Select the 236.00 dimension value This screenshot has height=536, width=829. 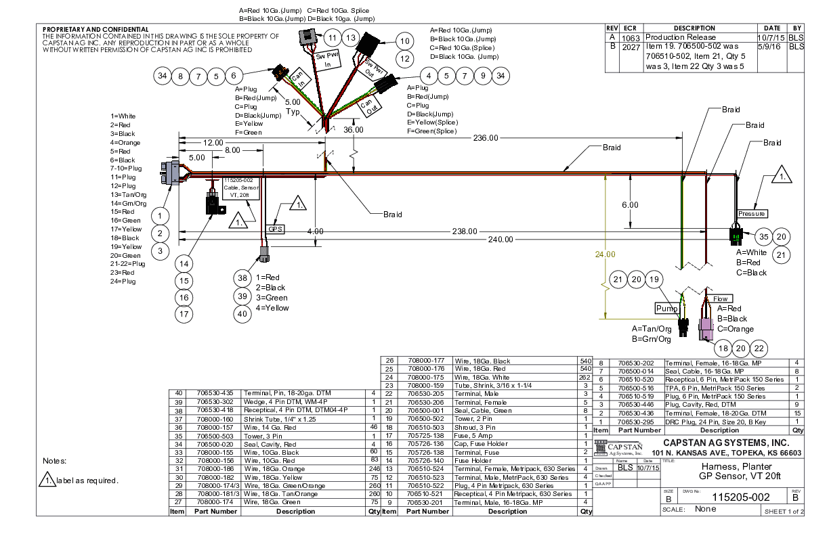pyautogui.click(x=486, y=137)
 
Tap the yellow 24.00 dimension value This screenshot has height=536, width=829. pyautogui.click(x=605, y=254)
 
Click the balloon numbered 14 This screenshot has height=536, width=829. pyautogui.click(x=184, y=263)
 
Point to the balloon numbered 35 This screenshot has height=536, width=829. pyautogui.click(x=764, y=237)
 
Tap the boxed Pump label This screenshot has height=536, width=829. pyautogui.click(x=666, y=308)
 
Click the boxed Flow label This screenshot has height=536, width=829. pyautogui.click(x=720, y=298)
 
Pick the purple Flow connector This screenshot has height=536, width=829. pyautogui.click(x=705, y=330)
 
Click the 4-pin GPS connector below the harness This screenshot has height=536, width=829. pyautogui.click(x=263, y=255)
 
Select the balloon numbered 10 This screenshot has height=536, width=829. pyautogui.click(x=405, y=41)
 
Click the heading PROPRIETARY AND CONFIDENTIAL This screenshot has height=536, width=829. pyautogui.click(x=95, y=30)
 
